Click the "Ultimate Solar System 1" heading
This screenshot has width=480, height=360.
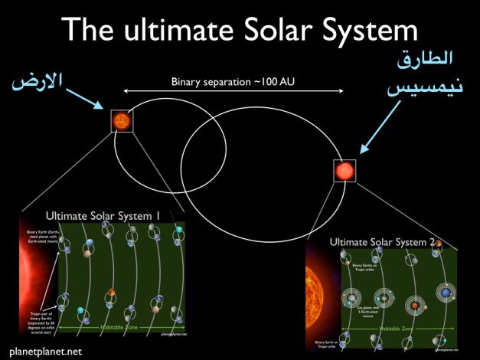pyautogui.click(x=103, y=216)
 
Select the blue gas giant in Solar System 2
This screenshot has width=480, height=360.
pyautogui.click(x=445, y=292)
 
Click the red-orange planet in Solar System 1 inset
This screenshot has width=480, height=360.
pyautogui.click(x=112, y=293)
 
